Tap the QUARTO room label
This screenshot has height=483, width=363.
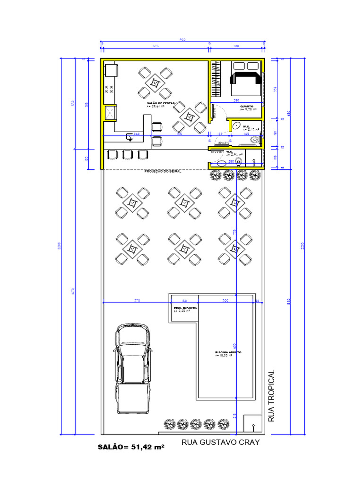click(x=247, y=107)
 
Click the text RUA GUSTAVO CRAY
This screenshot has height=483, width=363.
click(x=221, y=442)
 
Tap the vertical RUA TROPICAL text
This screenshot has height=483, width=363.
click(x=271, y=396)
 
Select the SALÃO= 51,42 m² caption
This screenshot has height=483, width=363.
click(x=131, y=446)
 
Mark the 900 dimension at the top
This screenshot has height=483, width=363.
click(x=182, y=40)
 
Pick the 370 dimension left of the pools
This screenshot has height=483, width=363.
click(x=137, y=300)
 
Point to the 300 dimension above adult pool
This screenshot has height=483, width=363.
click(x=225, y=300)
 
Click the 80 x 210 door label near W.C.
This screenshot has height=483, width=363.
click(x=224, y=142)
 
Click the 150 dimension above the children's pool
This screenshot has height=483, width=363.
click(x=184, y=300)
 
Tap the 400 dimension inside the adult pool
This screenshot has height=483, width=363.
click(x=235, y=344)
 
